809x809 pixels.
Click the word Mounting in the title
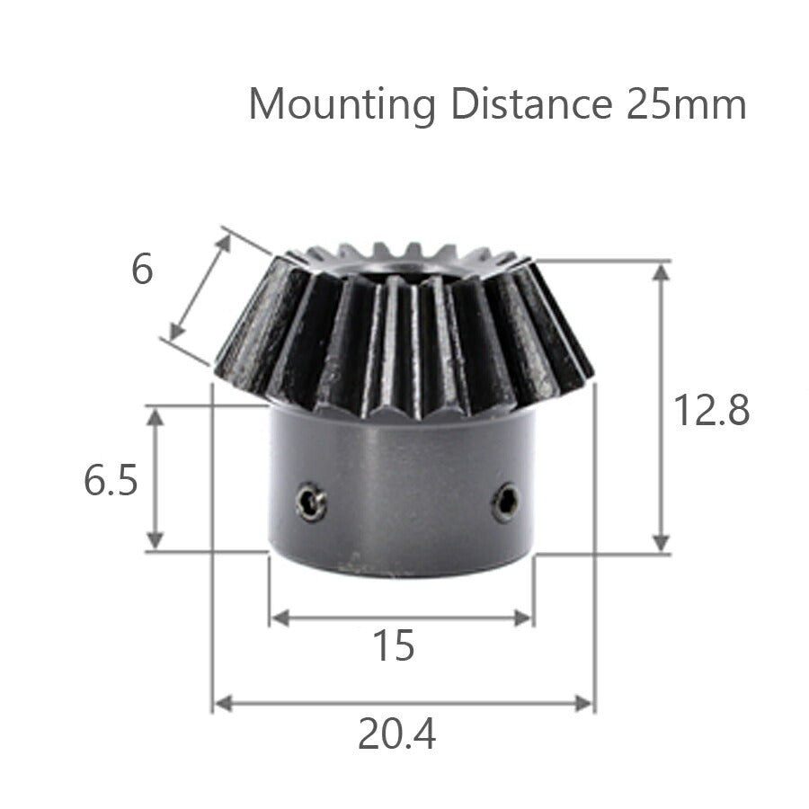tap(342, 104)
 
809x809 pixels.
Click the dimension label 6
tap(142, 270)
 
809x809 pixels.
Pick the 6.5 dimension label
tap(111, 481)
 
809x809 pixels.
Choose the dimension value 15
tap(394, 645)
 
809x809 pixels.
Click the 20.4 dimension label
tap(396, 735)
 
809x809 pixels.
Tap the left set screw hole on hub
tap(311, 502)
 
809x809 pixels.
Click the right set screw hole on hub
tap(505, 502)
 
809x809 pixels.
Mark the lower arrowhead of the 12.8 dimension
tap(662, 544)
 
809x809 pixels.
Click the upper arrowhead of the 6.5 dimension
tap(156, 416)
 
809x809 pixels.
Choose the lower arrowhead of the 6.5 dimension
tap(156, 540)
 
